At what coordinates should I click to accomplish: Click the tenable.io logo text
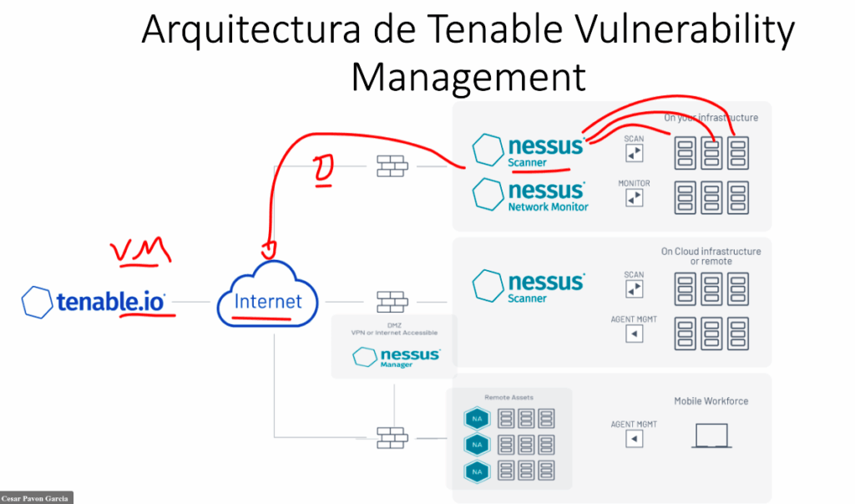pyautogui.click(x=111, y=301)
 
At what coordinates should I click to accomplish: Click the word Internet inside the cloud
pyautogui.click(x=267, y=301)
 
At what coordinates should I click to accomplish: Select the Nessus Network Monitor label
pyautogui.click(x=548, y=206)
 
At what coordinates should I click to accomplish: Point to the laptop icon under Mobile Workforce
pyautogui.click(x=711, y=435)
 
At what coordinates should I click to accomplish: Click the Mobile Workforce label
pyautogui.click(x=711, y=401)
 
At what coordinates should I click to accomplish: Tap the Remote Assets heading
pyautogui.click(x=508, y=397)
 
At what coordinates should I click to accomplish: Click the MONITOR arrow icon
pyautogui.click(x=635, y=198)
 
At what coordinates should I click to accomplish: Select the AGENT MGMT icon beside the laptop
pyautogui.click(x=635, y=439)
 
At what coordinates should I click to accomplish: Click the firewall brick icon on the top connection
pyautogui.click(x=391, y=165)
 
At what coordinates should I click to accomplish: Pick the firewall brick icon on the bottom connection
pyautogui.click(x=391, y=436)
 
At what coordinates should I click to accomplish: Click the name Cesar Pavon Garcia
pyautogui.click(x=37, y=498)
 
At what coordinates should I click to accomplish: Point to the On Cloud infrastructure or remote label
pyautogui.click(x=711, y=256)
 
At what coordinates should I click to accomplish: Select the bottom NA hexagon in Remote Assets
pyautogui.click(x=477, y=472)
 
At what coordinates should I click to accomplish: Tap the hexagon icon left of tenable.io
pyautogui.click(x=38, y=301)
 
